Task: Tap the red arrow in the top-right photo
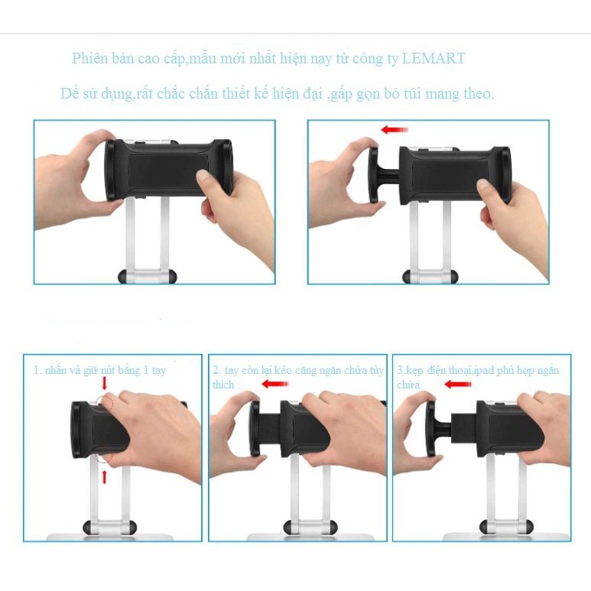click(x=395, y=131)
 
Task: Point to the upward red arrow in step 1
click(x=104, y=476)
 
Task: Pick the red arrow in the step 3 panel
click(x=456, y=384)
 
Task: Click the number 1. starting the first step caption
click(x=36, y=370)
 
